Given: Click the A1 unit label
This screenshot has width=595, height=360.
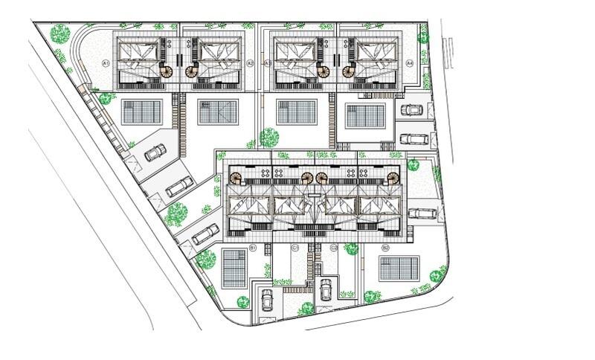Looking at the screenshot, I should coord(106,64).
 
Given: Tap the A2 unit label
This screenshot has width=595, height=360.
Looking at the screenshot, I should coord(250,64).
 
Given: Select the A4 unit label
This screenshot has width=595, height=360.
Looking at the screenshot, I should coord(410,64).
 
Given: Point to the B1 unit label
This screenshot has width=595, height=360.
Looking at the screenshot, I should coord(253,248).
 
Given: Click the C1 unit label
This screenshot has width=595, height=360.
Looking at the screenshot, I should coord(295,248).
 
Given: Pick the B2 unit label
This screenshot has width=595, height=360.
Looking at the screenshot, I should coord(385,248).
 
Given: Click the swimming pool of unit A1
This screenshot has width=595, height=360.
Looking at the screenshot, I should coord(141,112).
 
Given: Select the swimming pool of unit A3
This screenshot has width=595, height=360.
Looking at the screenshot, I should coord(296,112).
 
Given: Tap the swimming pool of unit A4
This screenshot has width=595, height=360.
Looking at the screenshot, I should coord(365,116).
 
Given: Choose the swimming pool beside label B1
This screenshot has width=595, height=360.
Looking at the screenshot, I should coord(234,269).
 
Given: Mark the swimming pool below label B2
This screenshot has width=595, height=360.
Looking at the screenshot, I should coord(399,269).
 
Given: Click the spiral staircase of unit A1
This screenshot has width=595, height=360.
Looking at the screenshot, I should coord(167,72).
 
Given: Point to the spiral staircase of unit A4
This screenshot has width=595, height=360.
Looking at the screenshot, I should coord(349,72).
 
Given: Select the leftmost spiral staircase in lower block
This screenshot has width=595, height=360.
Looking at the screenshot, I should coord(236,179).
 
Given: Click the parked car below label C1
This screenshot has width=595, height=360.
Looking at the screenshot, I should coord(267,299).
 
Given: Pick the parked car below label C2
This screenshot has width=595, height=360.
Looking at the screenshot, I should coord(326,289).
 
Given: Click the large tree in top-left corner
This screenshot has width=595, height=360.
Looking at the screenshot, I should coord(60,33).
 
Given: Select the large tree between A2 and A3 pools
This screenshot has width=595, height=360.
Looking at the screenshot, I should coord(269,137).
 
